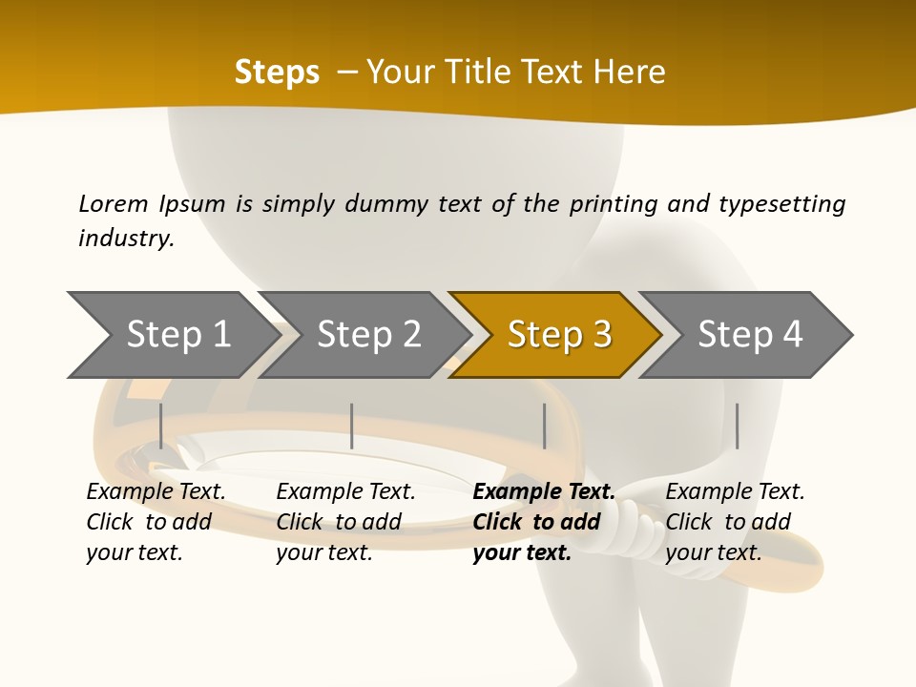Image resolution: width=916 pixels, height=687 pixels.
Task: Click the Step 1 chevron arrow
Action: (172, 335)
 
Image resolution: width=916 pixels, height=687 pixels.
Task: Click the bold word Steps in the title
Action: (277, 73)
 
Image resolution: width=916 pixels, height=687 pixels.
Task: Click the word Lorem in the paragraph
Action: (114, 204)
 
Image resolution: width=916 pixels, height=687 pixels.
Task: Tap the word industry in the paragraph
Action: (126, 238)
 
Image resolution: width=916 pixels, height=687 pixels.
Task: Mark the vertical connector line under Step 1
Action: (161, 426)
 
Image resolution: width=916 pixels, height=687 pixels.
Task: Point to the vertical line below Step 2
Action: (352, 426)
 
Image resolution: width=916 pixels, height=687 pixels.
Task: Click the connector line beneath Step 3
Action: (544, 426)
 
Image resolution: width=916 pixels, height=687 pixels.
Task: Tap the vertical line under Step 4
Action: (737, 426)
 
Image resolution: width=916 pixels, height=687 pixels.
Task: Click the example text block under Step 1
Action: (156, 522)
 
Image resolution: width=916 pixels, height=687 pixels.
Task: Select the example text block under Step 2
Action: (345, 522)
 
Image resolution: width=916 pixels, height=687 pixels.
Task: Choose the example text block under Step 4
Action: (735, 522)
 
